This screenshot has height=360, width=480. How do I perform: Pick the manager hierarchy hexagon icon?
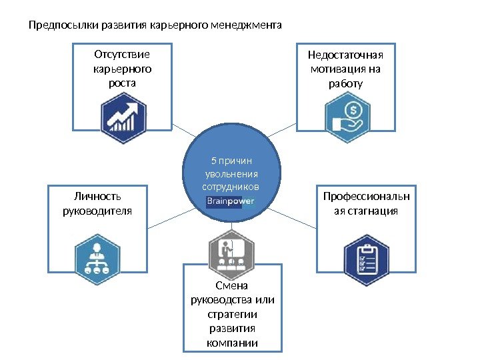(x=97, y=257)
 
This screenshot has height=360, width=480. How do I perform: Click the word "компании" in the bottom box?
(x=233, y=344)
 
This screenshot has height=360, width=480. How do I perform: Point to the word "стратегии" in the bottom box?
(x=233, y=315)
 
